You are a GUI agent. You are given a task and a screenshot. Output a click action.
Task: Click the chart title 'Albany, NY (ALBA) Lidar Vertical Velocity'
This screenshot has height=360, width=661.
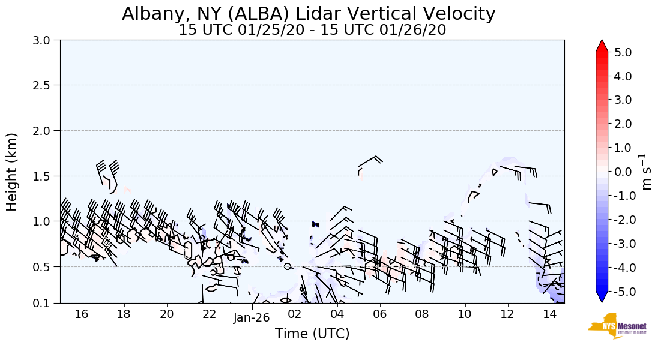coord(309,14)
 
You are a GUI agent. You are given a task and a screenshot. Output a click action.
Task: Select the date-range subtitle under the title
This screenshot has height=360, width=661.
coord(312,30)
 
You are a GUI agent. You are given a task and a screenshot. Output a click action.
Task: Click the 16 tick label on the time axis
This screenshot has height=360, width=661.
coord(82,314)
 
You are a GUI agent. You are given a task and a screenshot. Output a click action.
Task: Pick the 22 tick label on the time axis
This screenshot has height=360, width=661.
coord(209,314)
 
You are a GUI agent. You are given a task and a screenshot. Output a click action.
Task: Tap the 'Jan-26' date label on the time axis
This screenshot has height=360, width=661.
coord(252,318)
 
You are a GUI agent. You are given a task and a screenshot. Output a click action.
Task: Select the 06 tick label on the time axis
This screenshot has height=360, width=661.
coord(379,314)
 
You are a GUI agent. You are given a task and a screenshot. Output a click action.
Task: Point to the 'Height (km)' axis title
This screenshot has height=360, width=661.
coord(12,172)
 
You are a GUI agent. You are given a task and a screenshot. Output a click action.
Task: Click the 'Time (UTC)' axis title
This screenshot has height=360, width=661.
coord(312,334)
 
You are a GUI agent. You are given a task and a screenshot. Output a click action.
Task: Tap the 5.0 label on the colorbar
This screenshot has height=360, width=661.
coord(623,52)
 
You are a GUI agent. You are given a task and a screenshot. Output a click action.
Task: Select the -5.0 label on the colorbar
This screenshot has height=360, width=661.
coord(621,292)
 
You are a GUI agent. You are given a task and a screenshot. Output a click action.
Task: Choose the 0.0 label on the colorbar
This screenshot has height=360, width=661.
coord(623,172)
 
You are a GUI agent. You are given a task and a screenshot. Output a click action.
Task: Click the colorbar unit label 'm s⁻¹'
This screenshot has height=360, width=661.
coord(647,172)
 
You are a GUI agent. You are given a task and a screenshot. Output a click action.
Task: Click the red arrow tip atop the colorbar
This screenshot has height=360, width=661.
coord(602,45)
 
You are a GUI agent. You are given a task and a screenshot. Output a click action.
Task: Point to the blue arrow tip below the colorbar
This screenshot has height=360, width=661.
coord(602,298)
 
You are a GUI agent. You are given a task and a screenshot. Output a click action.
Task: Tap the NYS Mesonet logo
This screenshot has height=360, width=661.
coord(617,326)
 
